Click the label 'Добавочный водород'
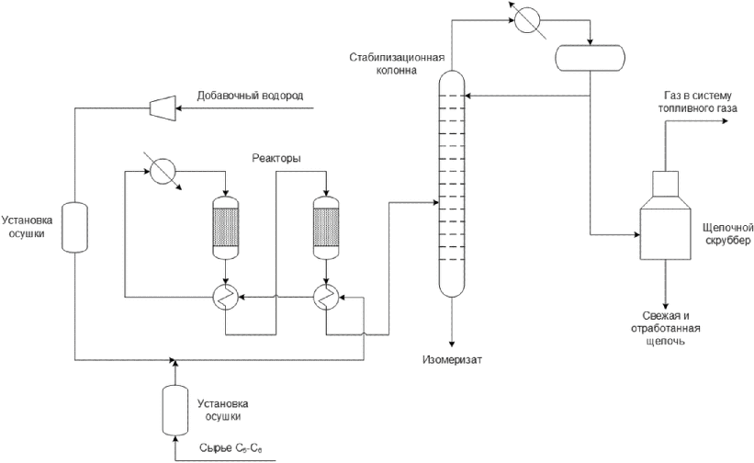tap(250, 96)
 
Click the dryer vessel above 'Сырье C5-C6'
tap(172, 409)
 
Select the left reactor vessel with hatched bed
tap(225, 226)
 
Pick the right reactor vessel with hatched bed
tap(326, 226)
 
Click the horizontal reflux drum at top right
tap(589, 57)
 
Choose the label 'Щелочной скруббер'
tap(726, 233)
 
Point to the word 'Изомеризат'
tap(452, 359)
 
